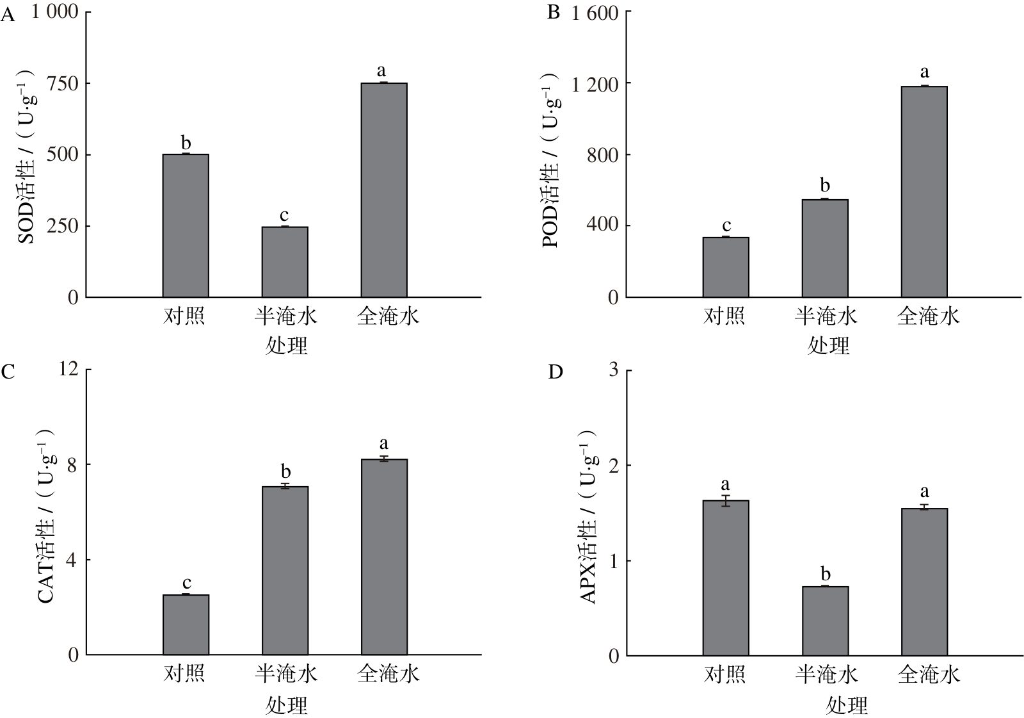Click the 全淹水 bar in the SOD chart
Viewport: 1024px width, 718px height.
[384, 190]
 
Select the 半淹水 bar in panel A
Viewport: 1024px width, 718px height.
[285, 262]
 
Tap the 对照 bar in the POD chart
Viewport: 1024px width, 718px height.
[726, 267]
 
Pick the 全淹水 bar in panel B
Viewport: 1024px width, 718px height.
[924, 192]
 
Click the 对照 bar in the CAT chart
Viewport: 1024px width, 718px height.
[186, 624]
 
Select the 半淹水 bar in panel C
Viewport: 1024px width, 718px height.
[285, 571]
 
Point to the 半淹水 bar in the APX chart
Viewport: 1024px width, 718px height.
[825, 621]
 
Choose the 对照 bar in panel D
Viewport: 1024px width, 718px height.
[726, 578]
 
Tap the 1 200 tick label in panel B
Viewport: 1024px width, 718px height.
[595, 85]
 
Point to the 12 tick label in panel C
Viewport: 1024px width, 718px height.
[68, 368]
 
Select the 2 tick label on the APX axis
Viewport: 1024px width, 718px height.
[614, 466]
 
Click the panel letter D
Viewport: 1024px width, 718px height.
[556, 373]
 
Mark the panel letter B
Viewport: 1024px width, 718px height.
[554, 12]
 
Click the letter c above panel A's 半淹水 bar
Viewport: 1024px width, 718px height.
[284, 215]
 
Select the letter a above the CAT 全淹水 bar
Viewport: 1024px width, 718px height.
[384, 443]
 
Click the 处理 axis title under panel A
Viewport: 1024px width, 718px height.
[286, 346]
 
